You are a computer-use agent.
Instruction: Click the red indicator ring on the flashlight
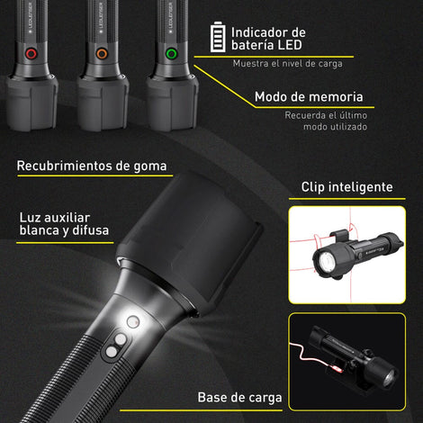click(31, 54)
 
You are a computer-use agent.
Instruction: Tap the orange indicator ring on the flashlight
click(102, 54)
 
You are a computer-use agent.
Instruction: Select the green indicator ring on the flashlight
click(172, 54)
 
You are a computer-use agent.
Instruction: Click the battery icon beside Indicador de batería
click(218, 37)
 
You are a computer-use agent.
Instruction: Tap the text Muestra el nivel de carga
click(288, 64)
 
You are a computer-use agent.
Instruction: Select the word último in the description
click(353, 115)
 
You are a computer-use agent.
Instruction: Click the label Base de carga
click(239, 398)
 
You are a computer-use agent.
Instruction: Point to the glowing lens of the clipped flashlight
click(326, 259)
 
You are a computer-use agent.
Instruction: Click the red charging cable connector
click(338, 368)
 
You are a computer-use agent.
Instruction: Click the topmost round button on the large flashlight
click(133, 321)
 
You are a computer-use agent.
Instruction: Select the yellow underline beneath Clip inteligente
click(347, 199)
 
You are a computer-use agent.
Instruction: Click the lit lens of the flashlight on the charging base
click(388, 379)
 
